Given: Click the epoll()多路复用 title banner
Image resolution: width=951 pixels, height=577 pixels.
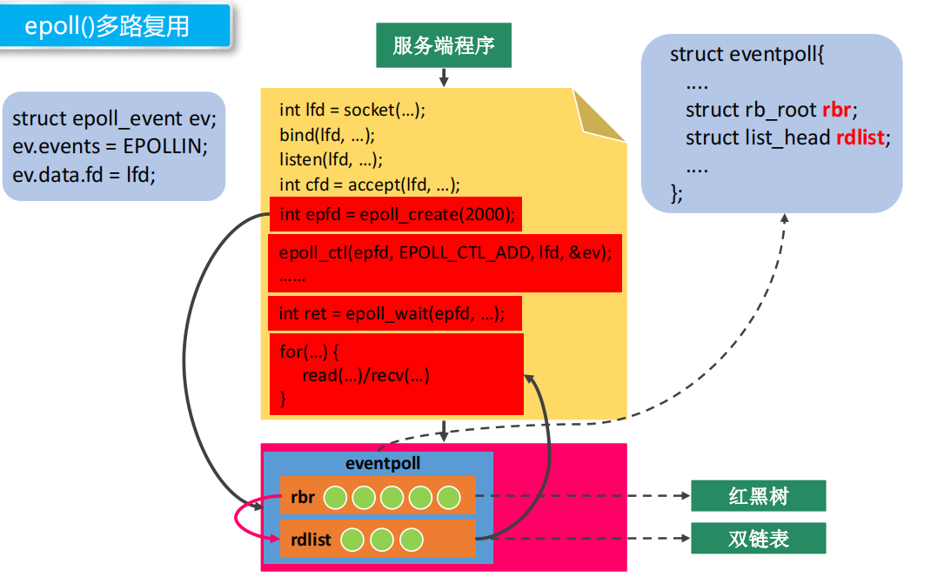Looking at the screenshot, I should (x=115, y=25).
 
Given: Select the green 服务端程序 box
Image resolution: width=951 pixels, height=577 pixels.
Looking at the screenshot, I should (x=444, y=45).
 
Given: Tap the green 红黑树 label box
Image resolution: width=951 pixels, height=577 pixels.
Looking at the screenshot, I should (x=757, y=496).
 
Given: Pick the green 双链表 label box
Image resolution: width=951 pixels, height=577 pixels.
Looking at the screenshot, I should (x=757, y=539).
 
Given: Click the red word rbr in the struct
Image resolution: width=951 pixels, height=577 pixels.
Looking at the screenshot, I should (x=836, y=111).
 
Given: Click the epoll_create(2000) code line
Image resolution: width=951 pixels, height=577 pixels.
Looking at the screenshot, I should (x=396, y=215).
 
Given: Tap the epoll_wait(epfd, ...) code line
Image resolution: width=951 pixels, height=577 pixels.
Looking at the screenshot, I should (x=392, y=313).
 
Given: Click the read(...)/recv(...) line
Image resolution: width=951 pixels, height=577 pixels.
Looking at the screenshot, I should (x=366, y=376).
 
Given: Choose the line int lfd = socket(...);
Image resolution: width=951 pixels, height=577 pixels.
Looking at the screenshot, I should (x=352, y=110).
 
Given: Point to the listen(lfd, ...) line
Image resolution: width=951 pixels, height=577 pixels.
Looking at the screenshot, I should (x=331, y=159).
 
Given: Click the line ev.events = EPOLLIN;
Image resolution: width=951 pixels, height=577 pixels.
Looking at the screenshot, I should (x=111, y=146).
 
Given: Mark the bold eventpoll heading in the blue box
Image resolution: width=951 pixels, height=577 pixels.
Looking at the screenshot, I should (x=383, y=464).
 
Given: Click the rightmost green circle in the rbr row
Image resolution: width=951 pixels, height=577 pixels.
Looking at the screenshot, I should (x=448, y=497).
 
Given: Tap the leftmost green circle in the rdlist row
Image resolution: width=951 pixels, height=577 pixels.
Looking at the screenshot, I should (x=352, y=540).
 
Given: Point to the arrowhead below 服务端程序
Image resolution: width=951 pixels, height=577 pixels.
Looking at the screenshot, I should (x=444, y=82).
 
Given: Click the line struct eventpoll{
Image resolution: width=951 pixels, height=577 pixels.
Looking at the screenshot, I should (x=747, y=54).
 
